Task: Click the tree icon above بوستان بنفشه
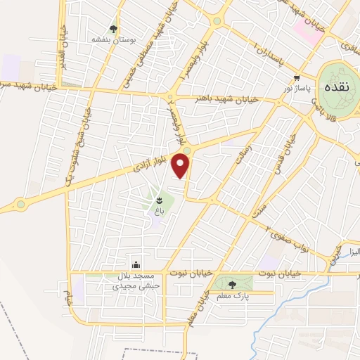pyautogui.click(x=112, y=29)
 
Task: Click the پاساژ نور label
pyautogui.click(x=296, y=89)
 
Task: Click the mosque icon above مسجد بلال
pyautogui.click(x=136, y=265)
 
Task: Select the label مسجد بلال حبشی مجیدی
pyautogui.click(x=136, y=281)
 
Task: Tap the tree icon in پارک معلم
pyautogui.click(x=233, y=285)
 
